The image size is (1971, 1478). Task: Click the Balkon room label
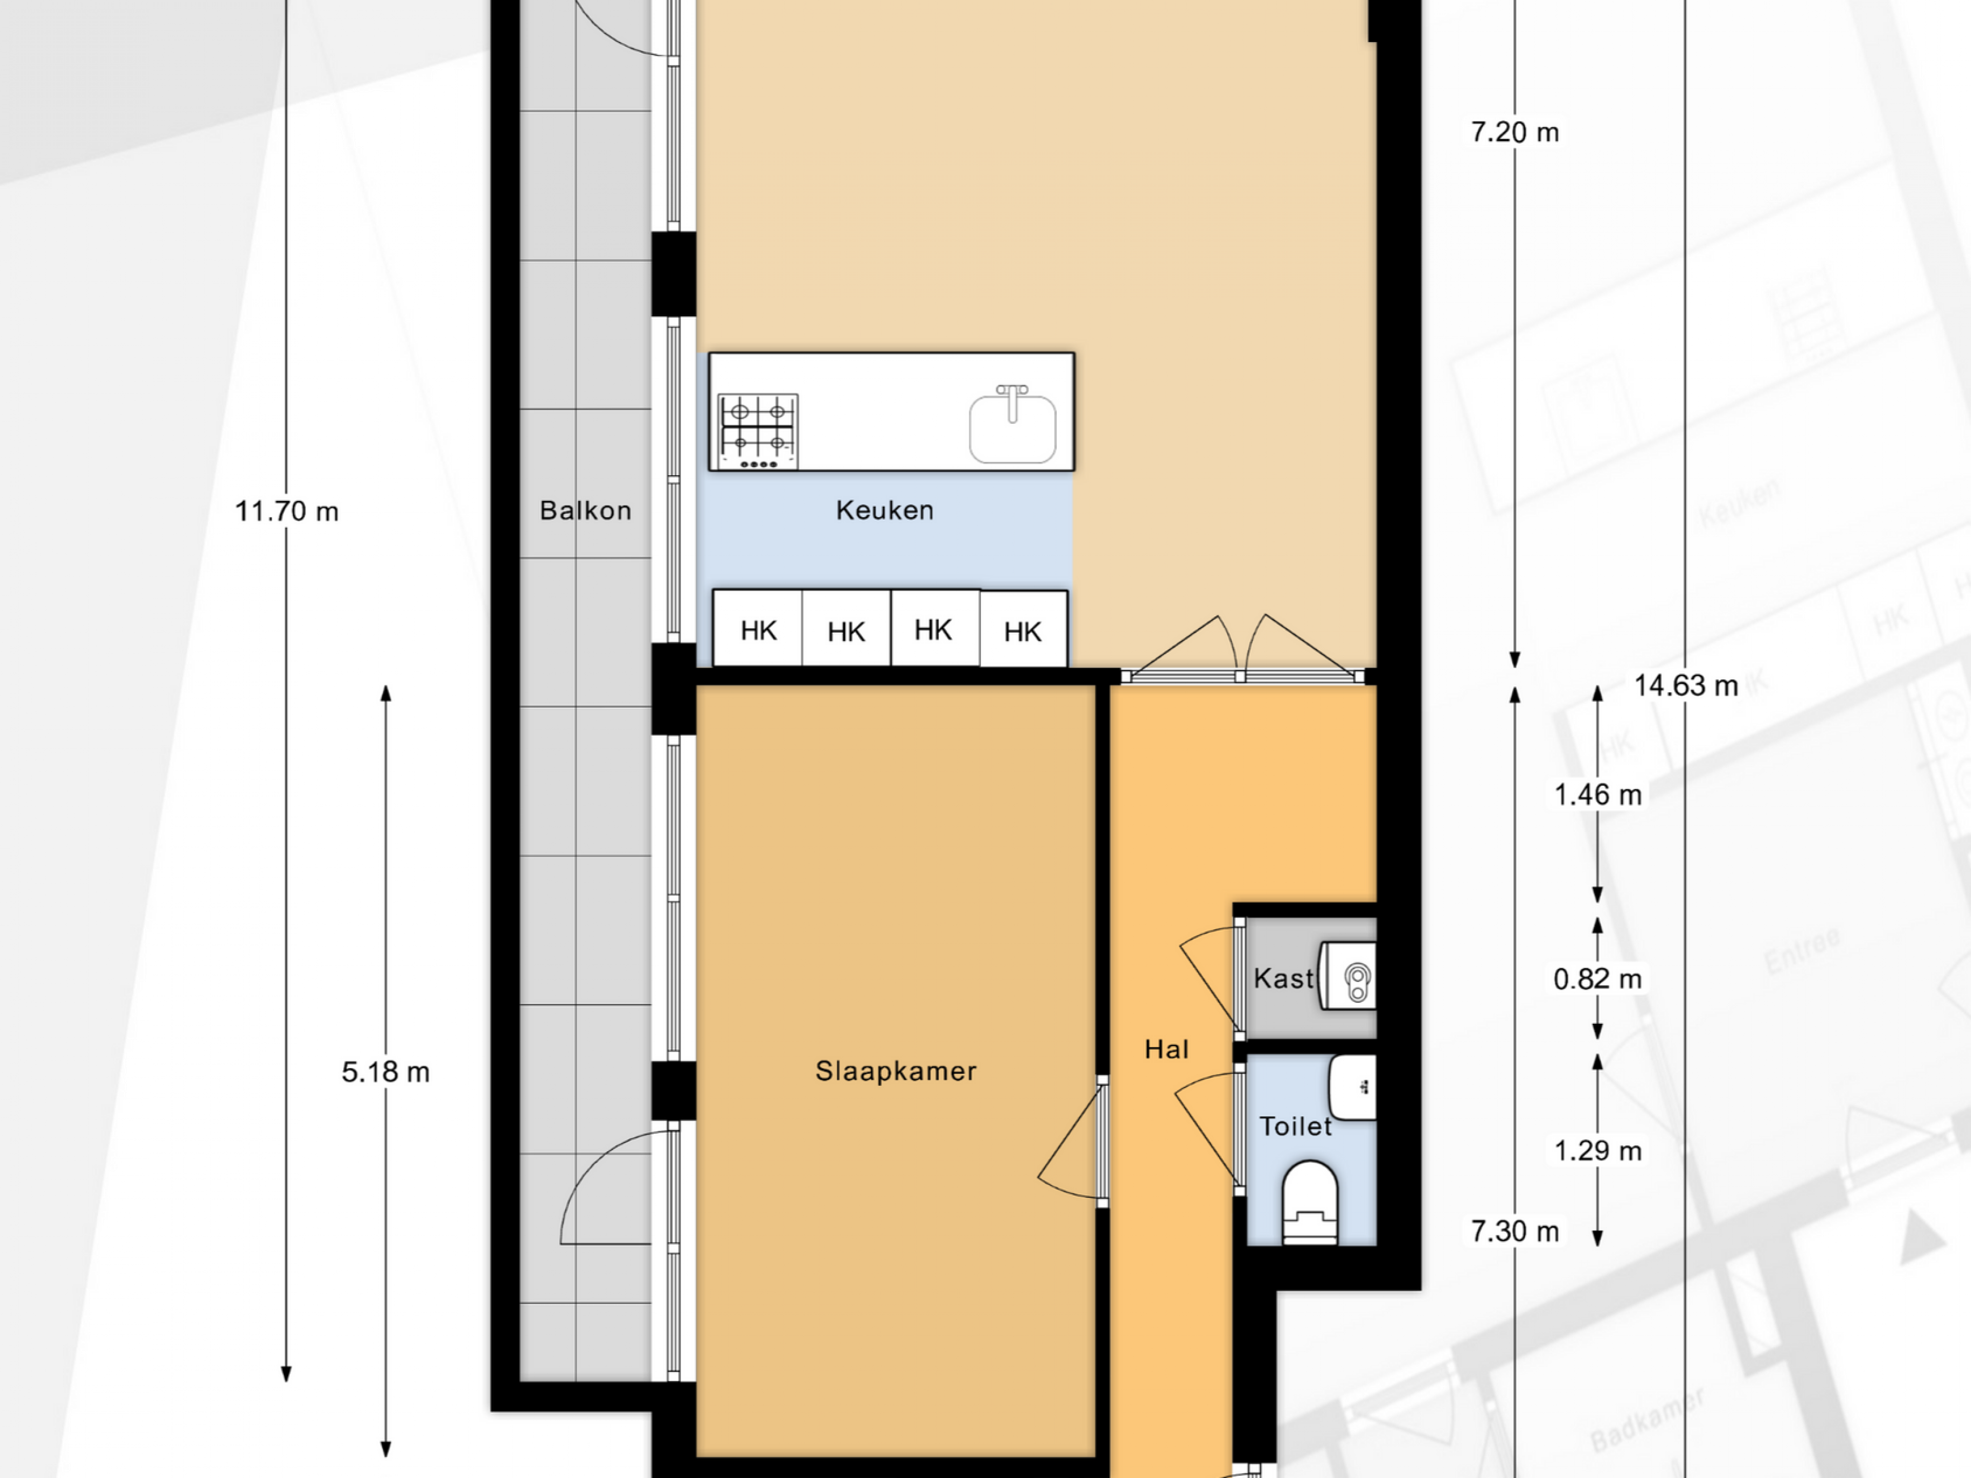coord(586,511)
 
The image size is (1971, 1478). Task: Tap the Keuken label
coord(885,511)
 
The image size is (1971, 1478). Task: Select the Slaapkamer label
coord(896,1071)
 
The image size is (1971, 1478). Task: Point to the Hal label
coord(1166,1049)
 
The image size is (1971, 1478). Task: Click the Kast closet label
coord(1283,978)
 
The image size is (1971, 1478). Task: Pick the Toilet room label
coord(1296,1126)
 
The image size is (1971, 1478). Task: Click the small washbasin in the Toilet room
coord(1352,1087)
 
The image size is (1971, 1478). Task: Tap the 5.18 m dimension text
coord(386,1072)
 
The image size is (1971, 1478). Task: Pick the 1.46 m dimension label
coord(1598,794)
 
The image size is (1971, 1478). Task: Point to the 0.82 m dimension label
coord(1598,979)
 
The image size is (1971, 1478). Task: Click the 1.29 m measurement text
coord(1598,1151)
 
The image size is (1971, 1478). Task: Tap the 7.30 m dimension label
coord(1515,1231)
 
